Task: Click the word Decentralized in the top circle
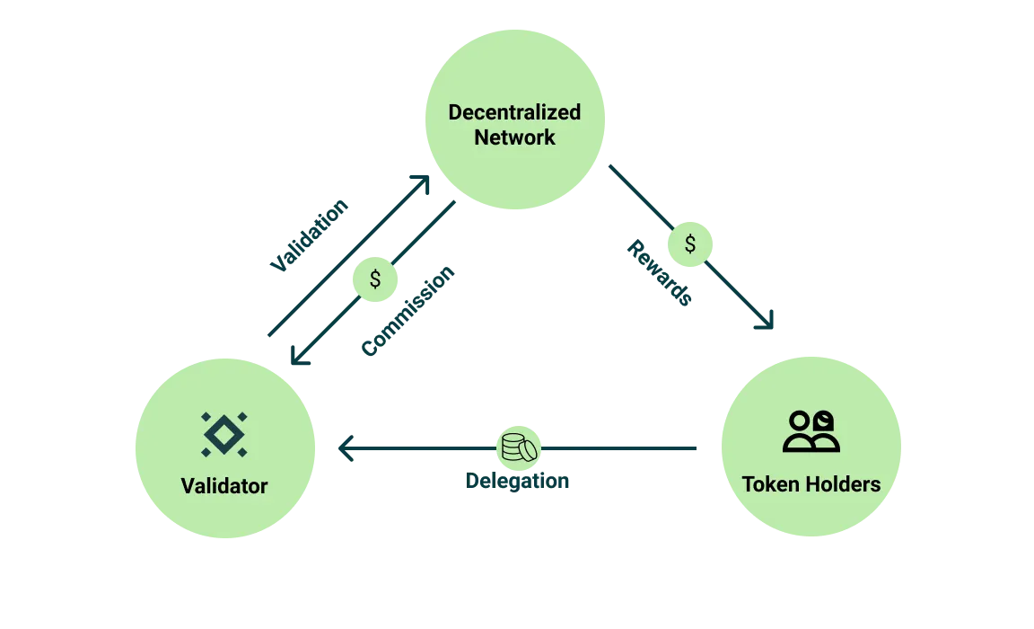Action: click(514, 112)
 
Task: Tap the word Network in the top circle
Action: click(514, 137)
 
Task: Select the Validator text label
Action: click(224, 486)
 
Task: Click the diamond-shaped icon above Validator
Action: click(224, 433)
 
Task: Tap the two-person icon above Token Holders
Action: click(811, 431)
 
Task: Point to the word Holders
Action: click(842, 484)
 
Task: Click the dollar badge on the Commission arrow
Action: click(375, 279)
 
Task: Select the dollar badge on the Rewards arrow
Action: click(689, 244)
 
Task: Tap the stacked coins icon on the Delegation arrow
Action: click(520, 447)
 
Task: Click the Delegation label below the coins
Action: click(519, 480)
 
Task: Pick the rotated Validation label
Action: click(309, 235)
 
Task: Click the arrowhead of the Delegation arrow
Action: click(346, 448)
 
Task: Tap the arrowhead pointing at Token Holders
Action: click(766, 321)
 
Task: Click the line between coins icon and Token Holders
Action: click(619, 448)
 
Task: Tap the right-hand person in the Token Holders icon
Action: click(823, 430)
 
